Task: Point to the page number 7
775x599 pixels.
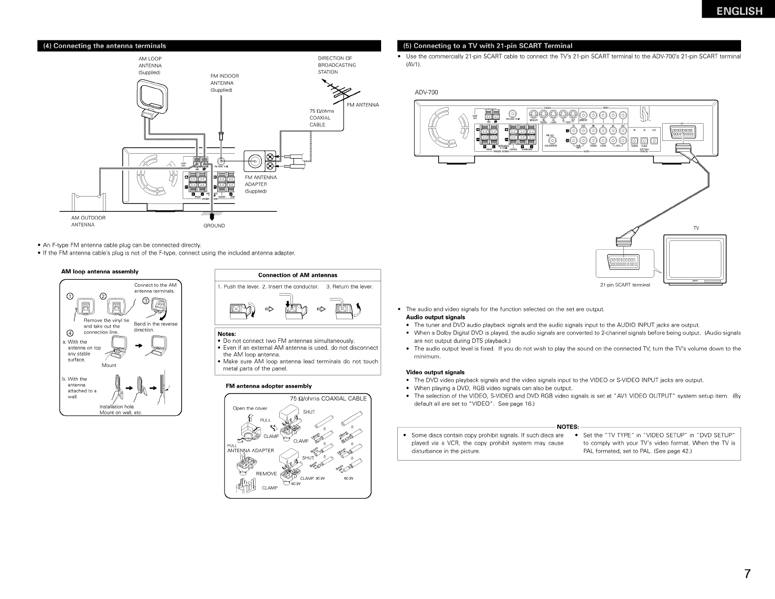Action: pos(747,574)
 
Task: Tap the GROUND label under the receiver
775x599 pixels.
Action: pos(214,226)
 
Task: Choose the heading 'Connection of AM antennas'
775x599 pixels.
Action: pos(298,275)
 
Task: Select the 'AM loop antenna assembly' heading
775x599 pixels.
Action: pos(99,271)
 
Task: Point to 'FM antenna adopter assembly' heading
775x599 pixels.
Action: pos(268,386)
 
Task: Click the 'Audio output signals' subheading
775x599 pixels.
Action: pos(435,317)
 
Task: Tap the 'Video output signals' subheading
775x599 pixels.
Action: pos(435,372)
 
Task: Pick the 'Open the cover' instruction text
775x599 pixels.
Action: pos(250,408)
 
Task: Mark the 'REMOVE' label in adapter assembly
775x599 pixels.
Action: pos(266,473)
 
